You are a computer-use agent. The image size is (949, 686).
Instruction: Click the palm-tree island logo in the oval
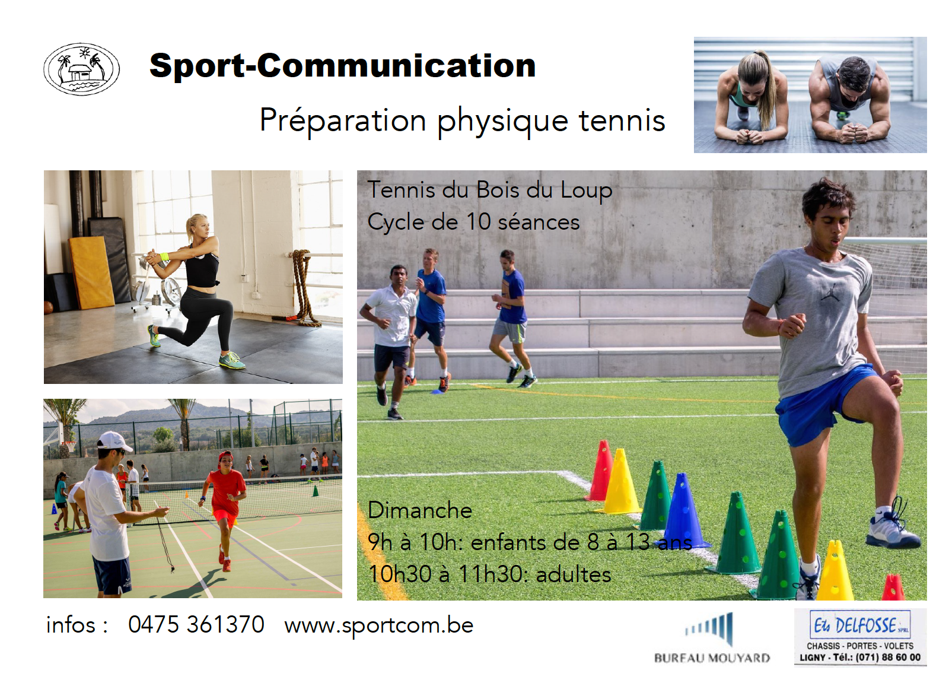[81, 69]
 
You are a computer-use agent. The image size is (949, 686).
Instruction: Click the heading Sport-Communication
[343, 66]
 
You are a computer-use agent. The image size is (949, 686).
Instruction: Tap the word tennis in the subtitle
[622, 120]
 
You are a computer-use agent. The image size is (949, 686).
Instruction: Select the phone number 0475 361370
[196, 624]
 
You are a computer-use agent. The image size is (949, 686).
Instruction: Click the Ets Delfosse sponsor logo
[860, 637]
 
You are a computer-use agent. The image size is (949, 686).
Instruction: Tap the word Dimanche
[420, 510]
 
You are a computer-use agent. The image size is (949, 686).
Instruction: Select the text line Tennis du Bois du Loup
[490, 190]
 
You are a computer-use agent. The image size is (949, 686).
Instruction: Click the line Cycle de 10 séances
[473, 222]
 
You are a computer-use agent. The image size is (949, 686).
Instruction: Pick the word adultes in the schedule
[574, 574]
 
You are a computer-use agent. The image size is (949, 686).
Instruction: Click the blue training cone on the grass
[683, 511]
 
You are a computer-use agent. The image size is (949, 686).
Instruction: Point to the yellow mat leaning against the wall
[91, 272]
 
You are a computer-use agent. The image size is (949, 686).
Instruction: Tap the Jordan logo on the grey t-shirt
[830, 291]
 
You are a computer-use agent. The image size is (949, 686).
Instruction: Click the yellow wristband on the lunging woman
[165, 256]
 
